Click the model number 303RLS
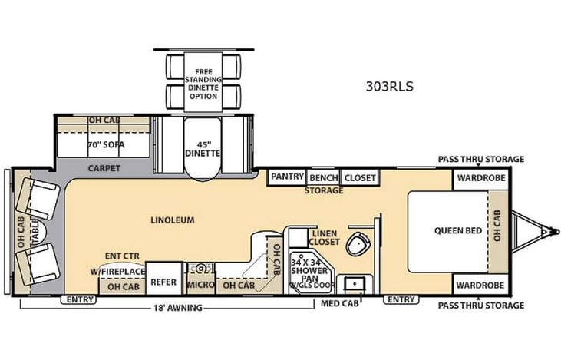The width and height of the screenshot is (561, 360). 390,87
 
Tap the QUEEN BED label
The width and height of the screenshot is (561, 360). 453,230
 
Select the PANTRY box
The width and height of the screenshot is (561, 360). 287,177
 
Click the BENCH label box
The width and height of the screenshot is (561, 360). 323,177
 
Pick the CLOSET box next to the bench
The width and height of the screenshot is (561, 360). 359,177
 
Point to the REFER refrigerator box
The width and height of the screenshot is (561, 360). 163,282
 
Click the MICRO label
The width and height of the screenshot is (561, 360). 200,286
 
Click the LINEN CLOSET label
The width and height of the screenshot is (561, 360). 325,238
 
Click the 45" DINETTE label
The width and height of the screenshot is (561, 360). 203,147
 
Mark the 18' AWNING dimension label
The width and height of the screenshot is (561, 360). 177,308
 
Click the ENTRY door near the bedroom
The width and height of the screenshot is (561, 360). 401,299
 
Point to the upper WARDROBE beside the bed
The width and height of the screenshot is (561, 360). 480,178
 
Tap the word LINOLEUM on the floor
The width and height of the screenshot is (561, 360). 172,220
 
